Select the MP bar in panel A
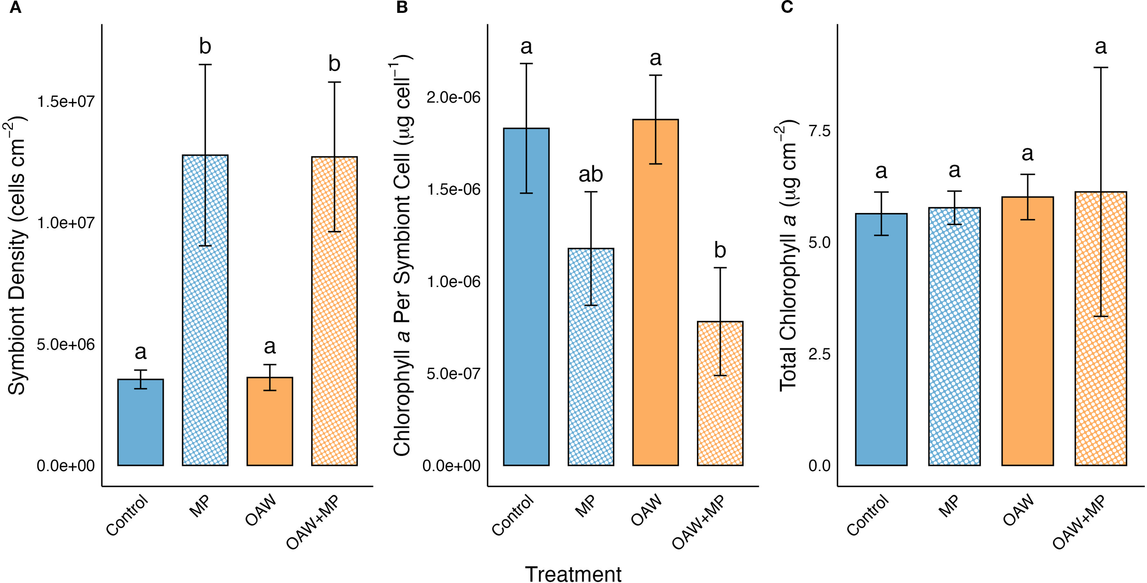(x=205, y=321)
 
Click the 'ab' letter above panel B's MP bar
(x=590, y=174)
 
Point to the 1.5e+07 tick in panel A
(x=66, y=101)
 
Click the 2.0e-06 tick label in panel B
(x=453, y=97)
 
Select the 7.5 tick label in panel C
(x=819, y=131)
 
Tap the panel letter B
(x=401, y=8)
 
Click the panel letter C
(x=787, y=8)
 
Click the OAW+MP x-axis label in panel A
(x=313, y=522)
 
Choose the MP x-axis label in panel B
(x=585, y=506)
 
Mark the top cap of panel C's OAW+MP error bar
(x=1100, y=67)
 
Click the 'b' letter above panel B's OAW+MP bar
(x=720, y=251)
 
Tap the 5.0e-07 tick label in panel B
(x=453, y=374)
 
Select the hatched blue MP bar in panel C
(x=954, y=340)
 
